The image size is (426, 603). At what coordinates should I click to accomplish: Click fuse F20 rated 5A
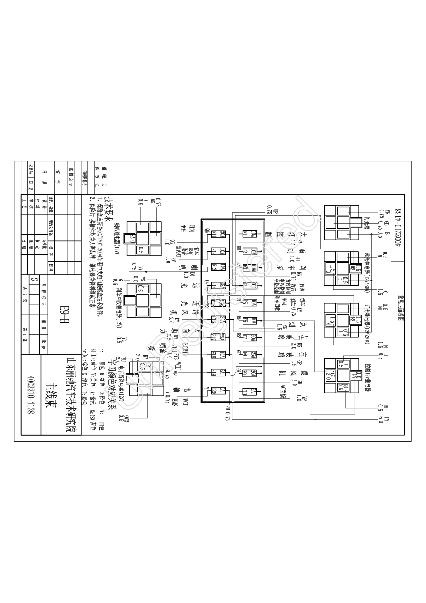[213, 390]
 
